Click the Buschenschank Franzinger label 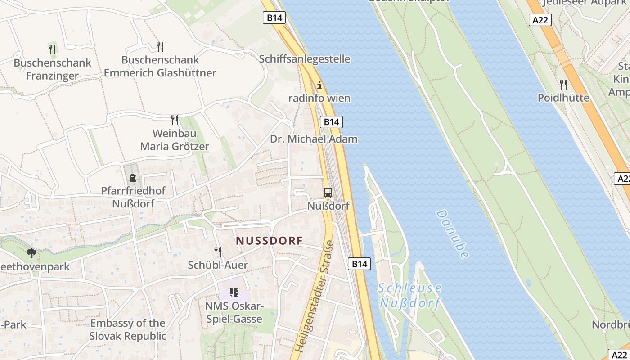coord(52,69)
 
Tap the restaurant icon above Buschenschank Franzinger coord(52,49)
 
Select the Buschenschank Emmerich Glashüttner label coord(160,66)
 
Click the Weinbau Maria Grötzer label coord(175,140)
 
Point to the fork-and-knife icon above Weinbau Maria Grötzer coord(175,120)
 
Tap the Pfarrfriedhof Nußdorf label coord(133,197)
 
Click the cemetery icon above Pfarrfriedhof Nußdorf coord(133,178)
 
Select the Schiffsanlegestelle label coord(305,59)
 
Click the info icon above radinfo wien coord(319,85)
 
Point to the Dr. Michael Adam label coord(314,139)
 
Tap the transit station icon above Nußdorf coord(328,193)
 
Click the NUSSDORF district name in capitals coord(270,241)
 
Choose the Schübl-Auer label coord(218,265)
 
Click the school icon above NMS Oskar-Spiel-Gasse coord(234,292)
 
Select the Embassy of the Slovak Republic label coord(128,329)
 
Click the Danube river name coord(452,234)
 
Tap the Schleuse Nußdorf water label coord(409,295)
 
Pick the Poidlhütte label coord(563,98)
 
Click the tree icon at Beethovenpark coord(31,253)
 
